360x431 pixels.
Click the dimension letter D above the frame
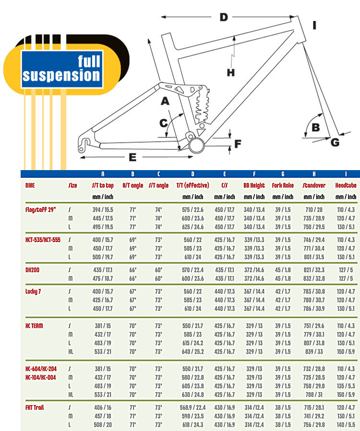coord(224,17)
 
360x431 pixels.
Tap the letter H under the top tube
coord(231,73)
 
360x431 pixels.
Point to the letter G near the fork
coord(335,142)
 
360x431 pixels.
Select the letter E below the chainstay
coord(133,157)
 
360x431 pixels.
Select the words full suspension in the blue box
coord(61,68)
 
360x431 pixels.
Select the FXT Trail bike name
coord(35,407)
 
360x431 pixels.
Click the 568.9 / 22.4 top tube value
coord(192,407)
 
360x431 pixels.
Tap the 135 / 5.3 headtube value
coord(346,386)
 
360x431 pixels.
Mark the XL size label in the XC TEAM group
coord(71,351)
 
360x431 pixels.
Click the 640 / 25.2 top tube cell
coord(192,351)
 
